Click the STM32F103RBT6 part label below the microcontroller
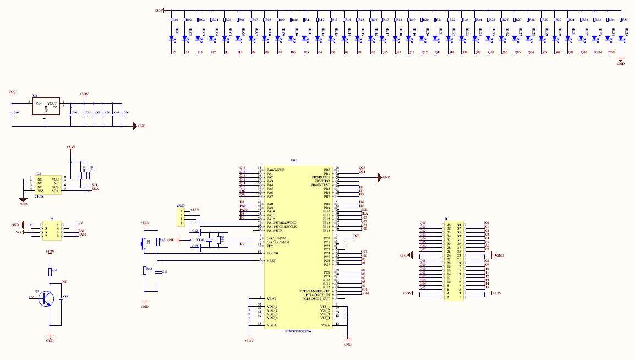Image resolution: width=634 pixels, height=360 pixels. click(x=298, y=331)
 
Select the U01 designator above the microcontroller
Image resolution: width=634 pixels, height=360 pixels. click(x=293, y=160)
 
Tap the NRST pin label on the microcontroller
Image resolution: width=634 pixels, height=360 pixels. click(x=271, y=260)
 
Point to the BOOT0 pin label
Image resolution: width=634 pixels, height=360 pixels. click(x=271, y=253)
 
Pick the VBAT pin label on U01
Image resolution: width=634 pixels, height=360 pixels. click(x=271, y=298)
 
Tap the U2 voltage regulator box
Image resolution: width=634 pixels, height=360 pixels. click(x=46, y=106)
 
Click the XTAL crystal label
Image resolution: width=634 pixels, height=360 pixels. click(x=201, y=240)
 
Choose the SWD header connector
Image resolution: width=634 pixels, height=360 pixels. click(x=181, y=216)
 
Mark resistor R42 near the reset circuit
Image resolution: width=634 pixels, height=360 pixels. click(x=145, y=270)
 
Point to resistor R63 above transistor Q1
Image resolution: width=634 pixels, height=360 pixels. click(x=50, y=270)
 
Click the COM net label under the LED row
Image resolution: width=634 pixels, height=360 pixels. click(x=611, y=52)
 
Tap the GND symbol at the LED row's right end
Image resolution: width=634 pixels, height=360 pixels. click(x=621, y=61)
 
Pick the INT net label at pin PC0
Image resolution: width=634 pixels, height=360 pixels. click(x=356, y=236)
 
